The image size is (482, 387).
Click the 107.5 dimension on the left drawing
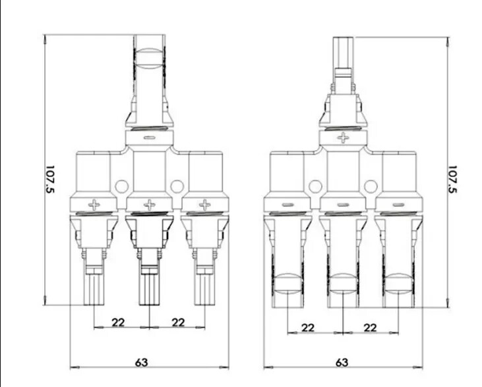click(50, 180)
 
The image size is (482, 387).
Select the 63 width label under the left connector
click(141, 363)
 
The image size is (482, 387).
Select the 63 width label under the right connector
click(342, 363)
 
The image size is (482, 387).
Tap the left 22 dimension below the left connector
click(118, 322)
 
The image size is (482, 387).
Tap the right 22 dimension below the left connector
click(178, 322)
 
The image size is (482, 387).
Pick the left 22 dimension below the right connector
click(308, 328)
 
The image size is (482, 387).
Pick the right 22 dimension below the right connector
click(370, 328)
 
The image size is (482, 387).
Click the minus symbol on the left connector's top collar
click(150, 138)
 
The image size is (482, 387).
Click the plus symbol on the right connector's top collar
click(343, 138)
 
